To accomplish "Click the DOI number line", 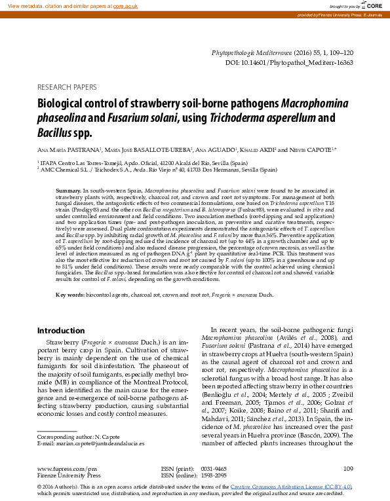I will [x=289, y=63].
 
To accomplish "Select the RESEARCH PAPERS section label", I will [x=67, y=86].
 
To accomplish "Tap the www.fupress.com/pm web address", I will [x=67, y=469].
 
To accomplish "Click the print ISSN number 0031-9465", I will [x=214, y=469].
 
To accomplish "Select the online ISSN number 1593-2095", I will [x=214, y=476].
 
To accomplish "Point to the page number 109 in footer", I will [x=347, y=468].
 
